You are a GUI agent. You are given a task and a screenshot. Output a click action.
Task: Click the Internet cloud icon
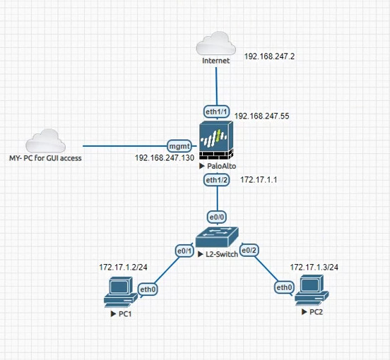point(215,43)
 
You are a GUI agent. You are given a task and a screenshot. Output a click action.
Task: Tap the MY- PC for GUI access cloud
point(45,140)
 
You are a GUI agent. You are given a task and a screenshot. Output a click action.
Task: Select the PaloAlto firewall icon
point(216,140)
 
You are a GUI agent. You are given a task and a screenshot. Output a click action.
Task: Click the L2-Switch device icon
point(217,237)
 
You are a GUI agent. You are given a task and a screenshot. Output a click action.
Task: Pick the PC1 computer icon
point(121,292)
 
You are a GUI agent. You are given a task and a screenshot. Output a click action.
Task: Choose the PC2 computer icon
point(312,290)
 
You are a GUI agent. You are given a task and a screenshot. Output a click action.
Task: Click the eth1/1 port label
point(216,112)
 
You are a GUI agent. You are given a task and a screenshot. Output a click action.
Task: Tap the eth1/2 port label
point(216,180)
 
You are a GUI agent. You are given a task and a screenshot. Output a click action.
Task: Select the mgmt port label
point(179,146)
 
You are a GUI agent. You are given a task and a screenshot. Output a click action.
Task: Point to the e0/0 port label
point(217,217)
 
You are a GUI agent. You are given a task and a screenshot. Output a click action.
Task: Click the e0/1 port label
point(184,251)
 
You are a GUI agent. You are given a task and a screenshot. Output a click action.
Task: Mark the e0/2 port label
point(249,250)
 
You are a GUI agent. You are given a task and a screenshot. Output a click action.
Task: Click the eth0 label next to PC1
point(148,289)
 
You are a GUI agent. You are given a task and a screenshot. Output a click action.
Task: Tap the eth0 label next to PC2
point(284,287)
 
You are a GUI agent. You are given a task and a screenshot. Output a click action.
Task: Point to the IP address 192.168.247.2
point(269,56)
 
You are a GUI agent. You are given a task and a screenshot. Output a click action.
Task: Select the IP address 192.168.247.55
point(262,116)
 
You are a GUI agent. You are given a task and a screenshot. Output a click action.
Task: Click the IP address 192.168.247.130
point(165,157)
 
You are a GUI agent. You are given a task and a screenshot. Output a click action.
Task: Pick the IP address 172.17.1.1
point(259,179)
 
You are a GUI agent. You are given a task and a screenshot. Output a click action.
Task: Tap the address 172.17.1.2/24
point(123,267)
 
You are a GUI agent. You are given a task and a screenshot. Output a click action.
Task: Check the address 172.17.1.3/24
point(314,267)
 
